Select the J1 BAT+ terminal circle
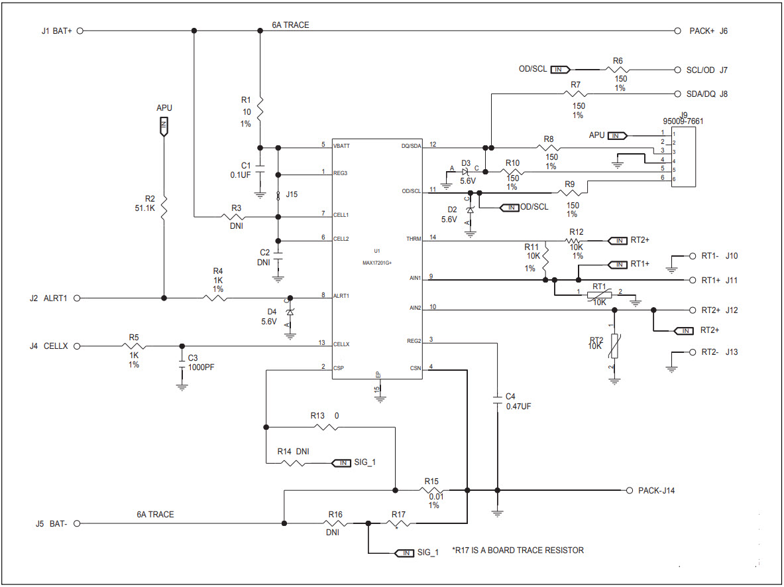80,31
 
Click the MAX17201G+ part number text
376,263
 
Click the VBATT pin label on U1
342,145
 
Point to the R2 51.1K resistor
164,206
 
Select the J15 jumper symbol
278,195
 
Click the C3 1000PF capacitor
182,358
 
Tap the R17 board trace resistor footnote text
518,551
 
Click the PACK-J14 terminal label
656,491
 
